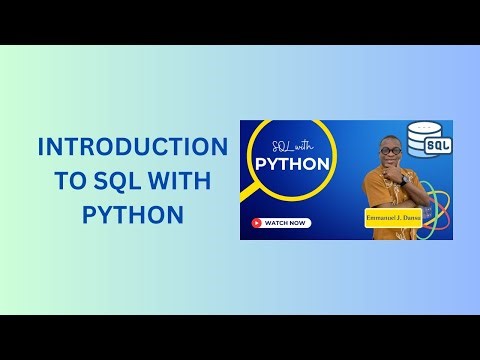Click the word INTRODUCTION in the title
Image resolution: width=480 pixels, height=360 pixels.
(132, 147)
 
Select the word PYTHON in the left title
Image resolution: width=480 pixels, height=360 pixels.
(132, 215)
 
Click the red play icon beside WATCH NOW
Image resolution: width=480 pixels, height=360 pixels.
(258, 223)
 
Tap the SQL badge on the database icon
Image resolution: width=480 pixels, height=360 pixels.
(438, 146)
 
